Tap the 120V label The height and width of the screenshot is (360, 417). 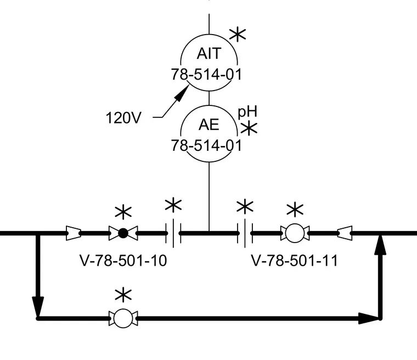(x=123, y=118)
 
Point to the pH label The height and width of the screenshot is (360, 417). (x=247, y=112)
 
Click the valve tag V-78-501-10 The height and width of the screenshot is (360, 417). (x=123, y=261)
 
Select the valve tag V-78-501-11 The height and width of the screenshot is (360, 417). (x=295, y=261)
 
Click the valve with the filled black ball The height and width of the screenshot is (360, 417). (x=123, y=233)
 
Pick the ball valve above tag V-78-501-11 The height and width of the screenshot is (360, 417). (x=295, y=233)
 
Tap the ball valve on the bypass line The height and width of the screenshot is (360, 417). (x=123, y=318)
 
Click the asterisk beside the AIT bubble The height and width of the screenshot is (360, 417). (x=238, y=35)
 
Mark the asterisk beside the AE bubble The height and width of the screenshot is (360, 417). (x=249, y=128)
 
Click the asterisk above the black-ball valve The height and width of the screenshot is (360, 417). (x=123, y=212)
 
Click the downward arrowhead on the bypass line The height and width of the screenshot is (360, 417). (x=38, y=307)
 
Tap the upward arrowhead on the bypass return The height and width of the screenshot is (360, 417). (x=380, y=245)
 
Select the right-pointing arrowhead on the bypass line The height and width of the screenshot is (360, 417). (x=368, y=318)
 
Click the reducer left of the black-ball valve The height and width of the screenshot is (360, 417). (x=74, y=233)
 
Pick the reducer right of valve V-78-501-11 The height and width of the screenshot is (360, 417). (x=345, y=233)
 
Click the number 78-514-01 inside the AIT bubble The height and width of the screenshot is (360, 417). (x=206, y=74)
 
